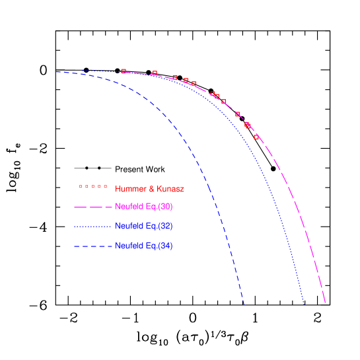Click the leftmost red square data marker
[x=124, y=71]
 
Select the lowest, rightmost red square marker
[x=256, y=137]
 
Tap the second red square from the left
[x=155, y=73]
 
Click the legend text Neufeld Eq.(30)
[x=144, y=207]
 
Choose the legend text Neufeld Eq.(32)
[x=144, y=227]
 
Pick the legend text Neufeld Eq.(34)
[x=144, y=246]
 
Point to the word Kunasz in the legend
[x=170, y=189]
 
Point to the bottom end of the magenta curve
[x=326, y=304]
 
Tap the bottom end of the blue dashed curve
[x=244, y=305]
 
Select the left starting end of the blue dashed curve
[x=56, y=71]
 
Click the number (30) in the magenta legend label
[x=166, y=207]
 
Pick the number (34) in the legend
[x=166, y=246]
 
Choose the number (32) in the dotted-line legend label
[x=166, y=227]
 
